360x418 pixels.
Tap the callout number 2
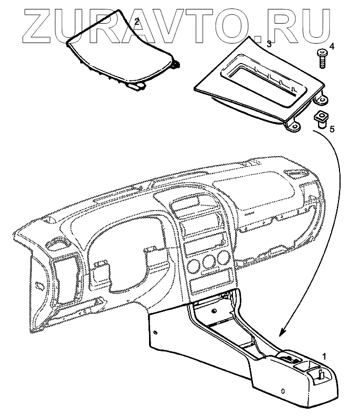(x=136, y=22)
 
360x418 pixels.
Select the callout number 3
(x=269, y=44)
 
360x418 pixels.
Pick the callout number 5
(x=331, y=128)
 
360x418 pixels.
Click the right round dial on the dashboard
(x=224, y=257)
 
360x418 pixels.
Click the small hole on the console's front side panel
(x=156, y=332)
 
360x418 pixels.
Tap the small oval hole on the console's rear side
(x=283, y=391)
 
